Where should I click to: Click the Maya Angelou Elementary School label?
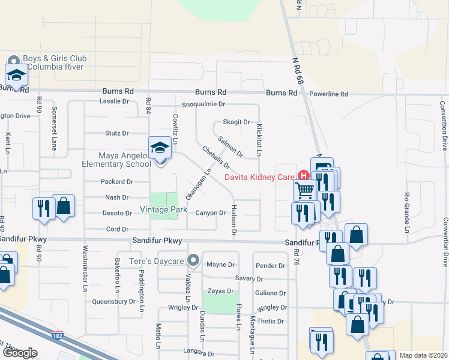(116, 160)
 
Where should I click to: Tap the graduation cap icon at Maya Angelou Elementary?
(160, 148)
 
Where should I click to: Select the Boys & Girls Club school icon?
(16, 76)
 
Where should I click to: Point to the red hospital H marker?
(303, 176)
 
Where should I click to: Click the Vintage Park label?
(164, 210)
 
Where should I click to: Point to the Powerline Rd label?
(328, 94)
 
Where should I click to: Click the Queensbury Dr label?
(114, 302)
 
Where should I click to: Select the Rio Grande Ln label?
(406, 212)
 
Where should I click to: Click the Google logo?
(20, 353)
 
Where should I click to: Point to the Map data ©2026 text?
(424, 355)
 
